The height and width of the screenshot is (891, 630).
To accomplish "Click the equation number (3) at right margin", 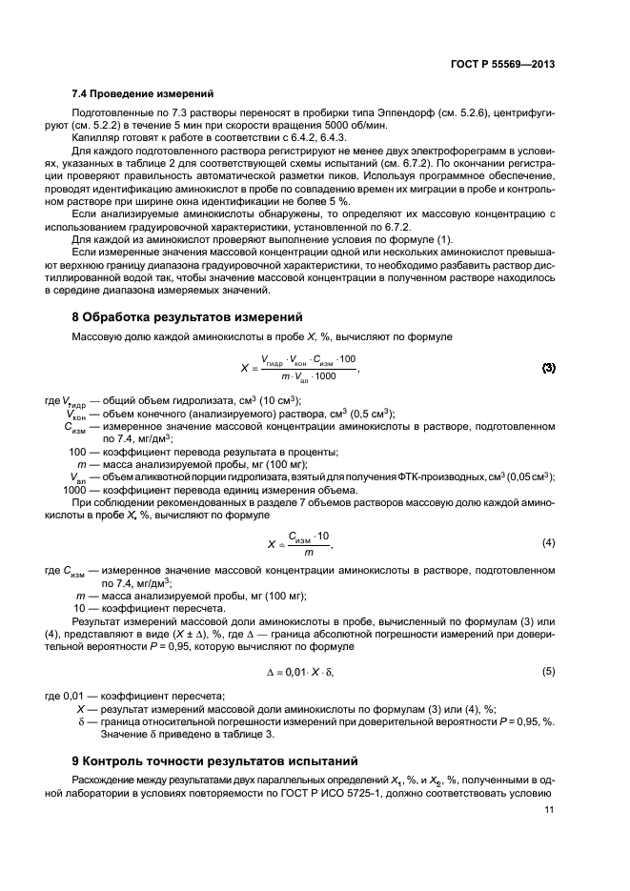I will (548, 368).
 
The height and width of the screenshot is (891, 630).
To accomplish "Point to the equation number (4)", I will (548, 542).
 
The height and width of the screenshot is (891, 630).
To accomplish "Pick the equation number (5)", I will (548, 672).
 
